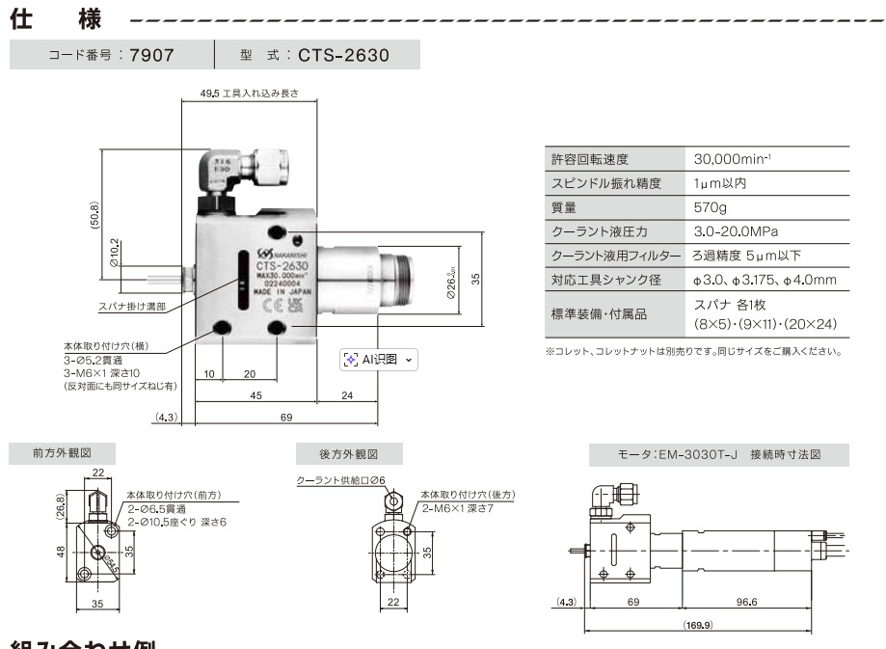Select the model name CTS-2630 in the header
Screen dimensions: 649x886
[343, 55]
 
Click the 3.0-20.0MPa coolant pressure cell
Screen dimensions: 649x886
[737, 231]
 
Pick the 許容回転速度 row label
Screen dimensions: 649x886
[589, 159]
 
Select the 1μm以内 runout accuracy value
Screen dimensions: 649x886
[720, 183]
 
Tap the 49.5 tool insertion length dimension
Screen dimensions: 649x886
[250, 95]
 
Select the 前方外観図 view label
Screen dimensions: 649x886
[63, 452]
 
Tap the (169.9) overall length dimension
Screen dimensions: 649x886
[698, 625]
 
